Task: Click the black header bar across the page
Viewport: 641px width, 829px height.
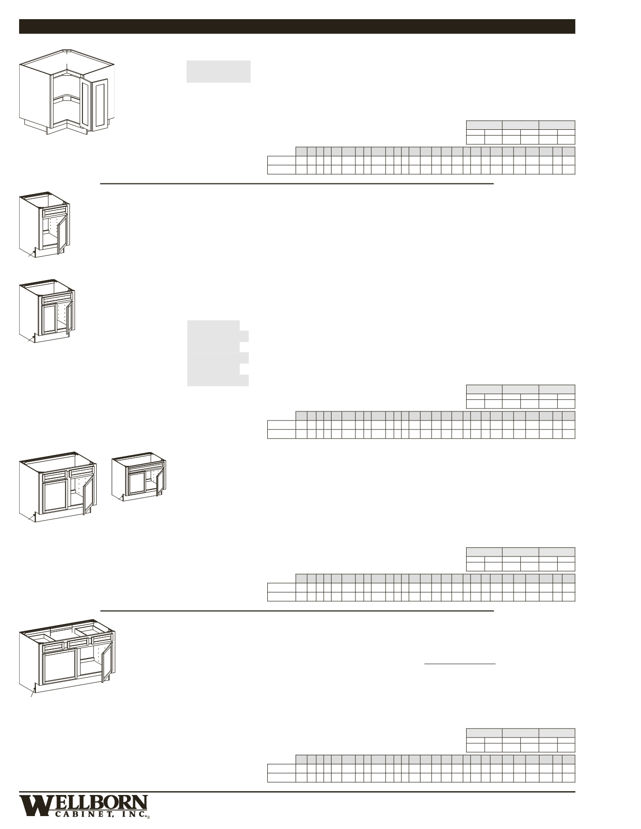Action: click(x=297, y=26)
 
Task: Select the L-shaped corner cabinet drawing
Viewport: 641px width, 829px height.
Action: click(x=67, y=91)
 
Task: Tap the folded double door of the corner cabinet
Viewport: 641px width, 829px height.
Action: click(x=94, y=105)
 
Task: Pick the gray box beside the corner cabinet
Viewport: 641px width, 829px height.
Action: click(x=218, y=71)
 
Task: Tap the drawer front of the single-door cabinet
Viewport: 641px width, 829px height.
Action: click(x=56, y=211)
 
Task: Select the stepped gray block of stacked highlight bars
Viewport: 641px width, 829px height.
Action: click(x=218, y=353)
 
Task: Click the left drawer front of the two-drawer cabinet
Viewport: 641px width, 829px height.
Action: click(x=55, y=476)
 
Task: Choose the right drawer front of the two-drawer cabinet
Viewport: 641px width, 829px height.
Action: click(x=81, y=474)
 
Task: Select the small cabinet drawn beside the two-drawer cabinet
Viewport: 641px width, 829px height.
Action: click(x=139, y=479)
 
